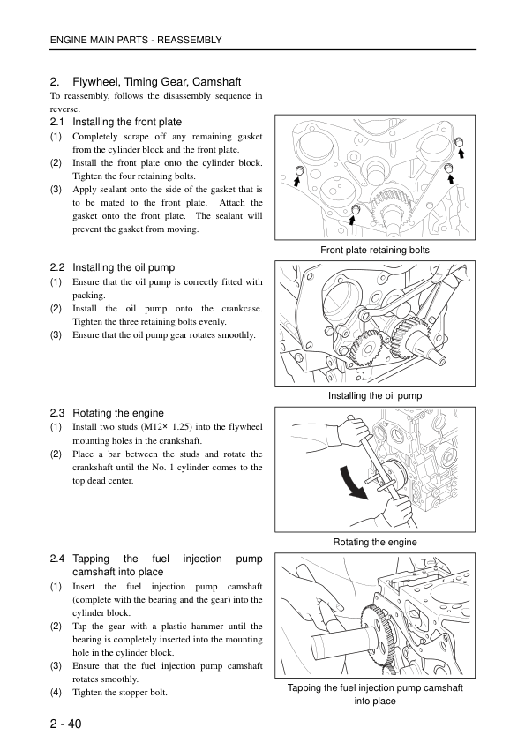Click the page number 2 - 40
point(66,724)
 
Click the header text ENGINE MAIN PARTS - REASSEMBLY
point(136,40)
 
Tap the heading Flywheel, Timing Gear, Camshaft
point(157,82)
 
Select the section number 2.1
point(57,122)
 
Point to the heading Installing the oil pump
point(124,267)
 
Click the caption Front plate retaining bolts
point(375,250)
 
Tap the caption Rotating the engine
point(375,542)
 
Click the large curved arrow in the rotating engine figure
point(349,483)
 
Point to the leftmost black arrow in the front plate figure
point(296,181)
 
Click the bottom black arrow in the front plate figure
point(352,221)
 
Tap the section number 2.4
point(57,559)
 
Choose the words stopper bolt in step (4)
point(141,693)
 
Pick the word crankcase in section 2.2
point(242,309)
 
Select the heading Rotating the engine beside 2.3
point(118,413)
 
